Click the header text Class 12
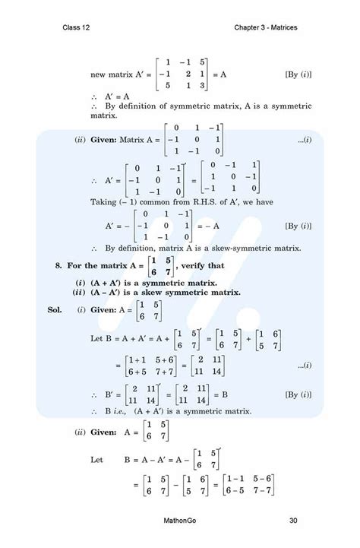pos(77,28)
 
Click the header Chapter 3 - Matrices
pos(266,28)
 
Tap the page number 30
pos(293,521)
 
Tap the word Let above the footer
pos(96,460)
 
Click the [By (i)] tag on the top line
pos(298,74)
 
